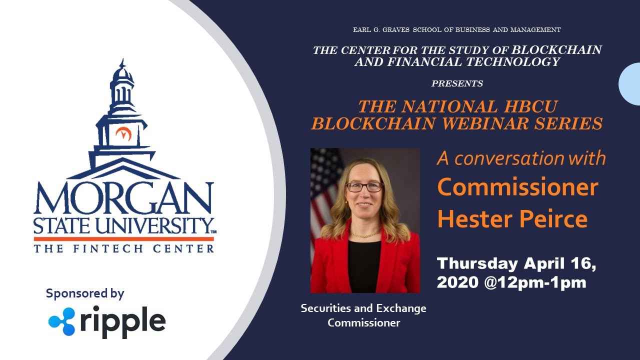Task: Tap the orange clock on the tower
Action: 122,133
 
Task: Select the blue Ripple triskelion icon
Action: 61,321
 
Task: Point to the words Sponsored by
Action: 85,293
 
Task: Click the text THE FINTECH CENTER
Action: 124,248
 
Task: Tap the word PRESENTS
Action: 457,83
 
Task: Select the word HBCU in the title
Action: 528,106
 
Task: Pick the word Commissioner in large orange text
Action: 517,187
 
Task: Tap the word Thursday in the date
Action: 477,263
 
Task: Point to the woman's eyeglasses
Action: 364,187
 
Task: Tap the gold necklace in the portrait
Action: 364,234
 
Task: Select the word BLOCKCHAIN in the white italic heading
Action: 556,50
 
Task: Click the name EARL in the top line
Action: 362,30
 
